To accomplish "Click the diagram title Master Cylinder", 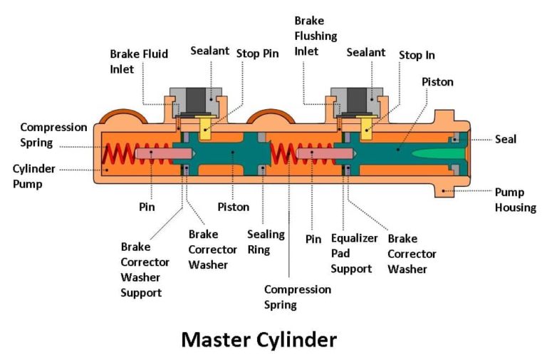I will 259,339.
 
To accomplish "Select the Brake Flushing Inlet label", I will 316,36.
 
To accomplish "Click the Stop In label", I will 417,55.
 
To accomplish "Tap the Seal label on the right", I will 506,139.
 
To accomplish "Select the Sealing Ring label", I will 266,241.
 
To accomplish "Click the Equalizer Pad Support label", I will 353,253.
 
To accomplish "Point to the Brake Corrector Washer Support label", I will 141,269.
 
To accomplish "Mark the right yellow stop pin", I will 368,128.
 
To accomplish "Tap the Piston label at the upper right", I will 437,82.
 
